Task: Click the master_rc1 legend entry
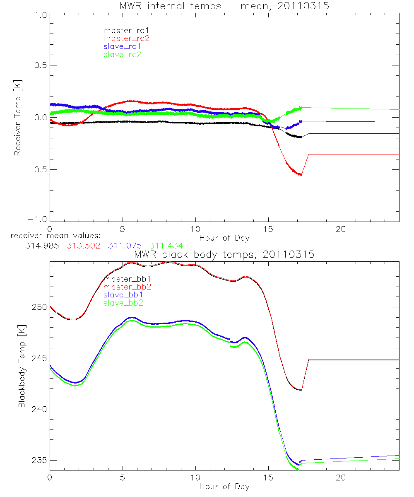pos(123,30)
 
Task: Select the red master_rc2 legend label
pos(126,38)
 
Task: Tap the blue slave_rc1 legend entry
pos(122,46)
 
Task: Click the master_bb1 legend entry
pos(125,279)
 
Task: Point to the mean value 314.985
pos(40,246)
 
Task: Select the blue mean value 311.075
pos(127,246)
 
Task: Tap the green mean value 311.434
pos(166,246)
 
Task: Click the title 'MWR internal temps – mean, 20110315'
pos(224,6)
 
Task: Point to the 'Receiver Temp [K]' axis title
pos(17,117)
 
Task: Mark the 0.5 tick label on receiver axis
pos(40,65)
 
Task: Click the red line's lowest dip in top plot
pos(301,175)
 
